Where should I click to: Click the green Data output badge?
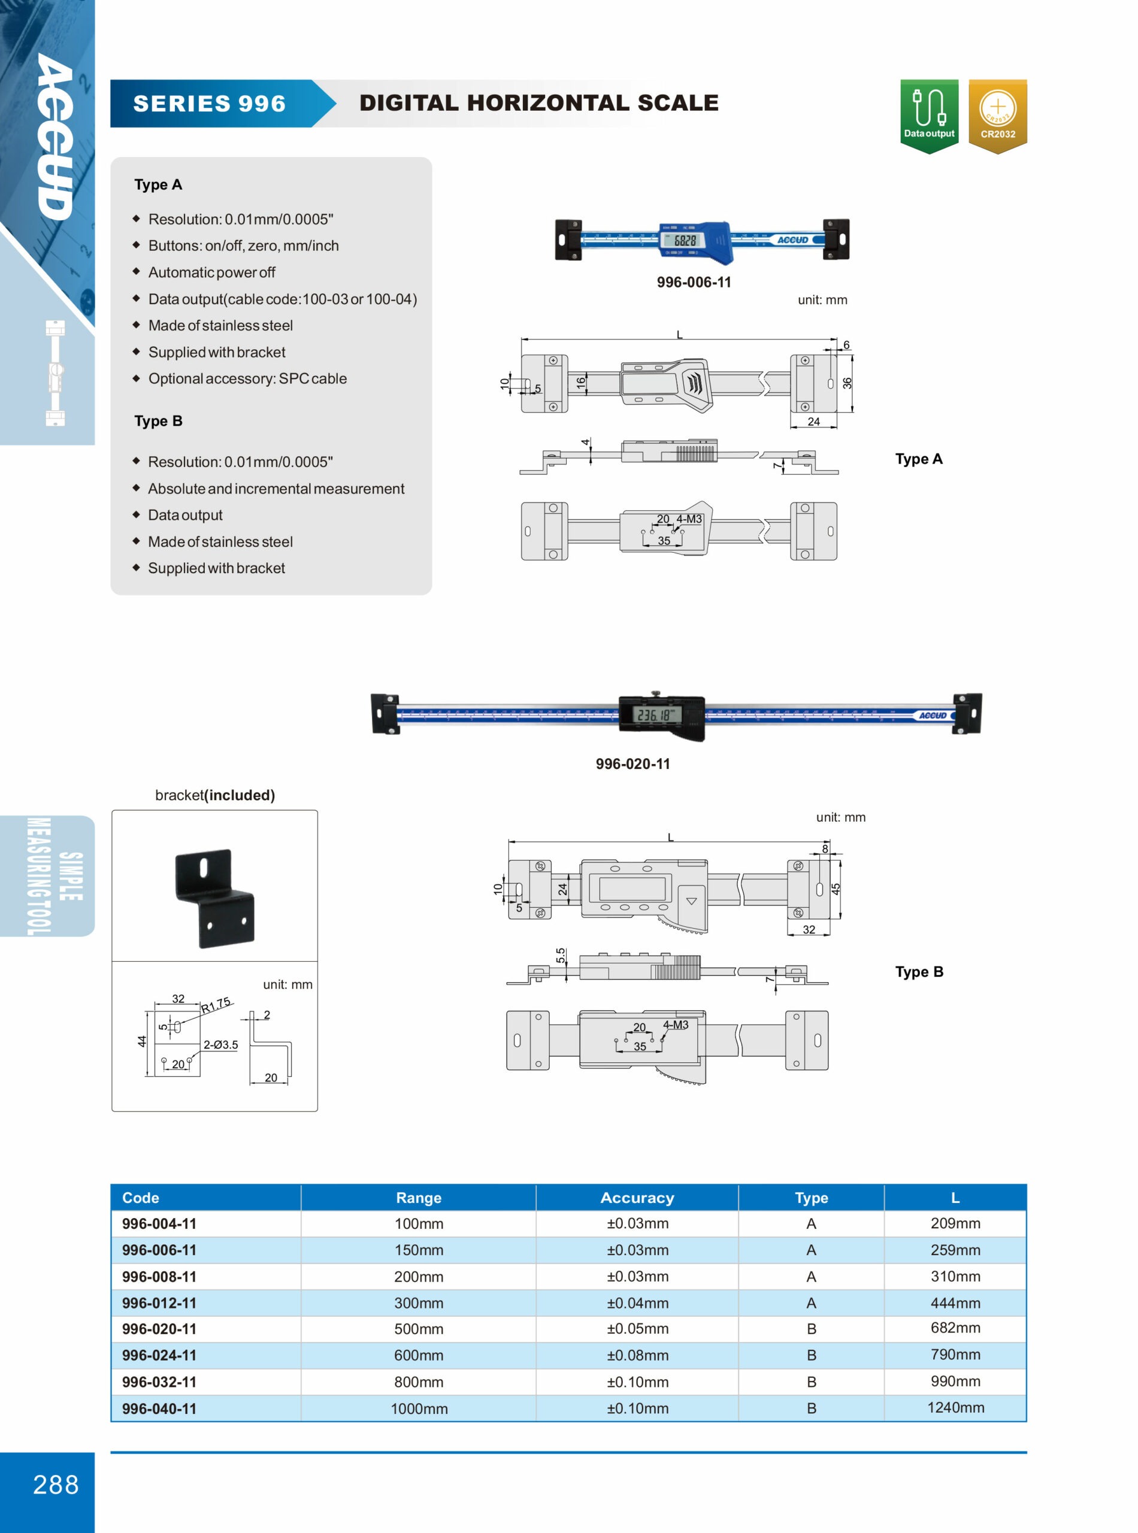(928, 115)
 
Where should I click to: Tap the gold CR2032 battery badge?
(997, 115)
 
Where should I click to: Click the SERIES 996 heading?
(210, 104)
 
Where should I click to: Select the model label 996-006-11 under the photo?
(694, 283)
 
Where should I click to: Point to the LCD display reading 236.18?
(657, 715)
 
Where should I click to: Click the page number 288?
(56, 1484)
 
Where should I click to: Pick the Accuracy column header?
(637, 1198)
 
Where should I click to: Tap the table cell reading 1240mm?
(955, 1407)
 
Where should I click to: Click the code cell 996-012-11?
(159, 1303)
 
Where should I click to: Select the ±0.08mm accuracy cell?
(637, 1355)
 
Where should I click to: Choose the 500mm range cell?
(418, 1329)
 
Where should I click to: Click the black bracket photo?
(215, 898)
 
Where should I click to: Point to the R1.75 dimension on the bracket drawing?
(216, 1005)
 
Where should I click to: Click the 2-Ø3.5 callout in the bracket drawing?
(220, 1045)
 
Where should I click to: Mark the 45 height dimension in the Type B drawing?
(836, 889)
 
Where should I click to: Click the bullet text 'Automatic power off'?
(211, 272)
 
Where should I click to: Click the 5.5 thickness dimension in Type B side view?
(561, 955)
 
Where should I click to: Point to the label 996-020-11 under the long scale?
(632, 764)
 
